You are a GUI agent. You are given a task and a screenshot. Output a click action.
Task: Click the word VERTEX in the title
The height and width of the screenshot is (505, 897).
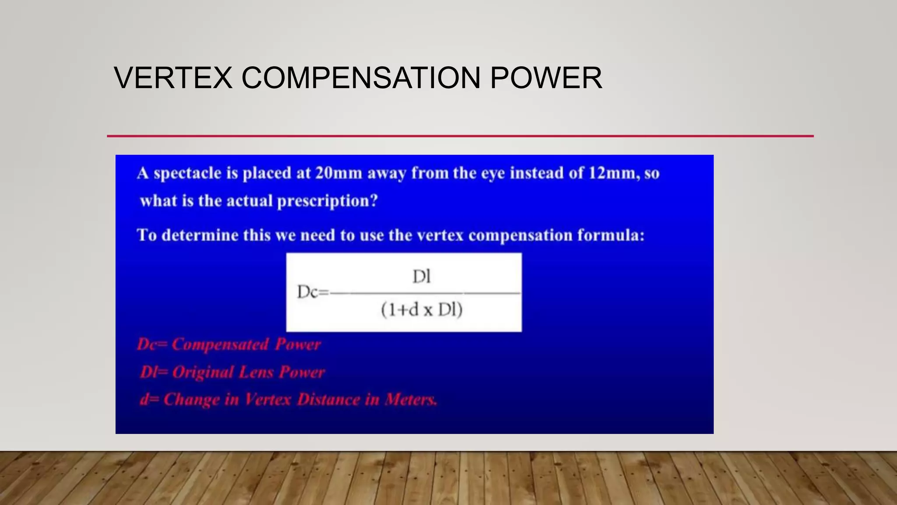tap(173, 78)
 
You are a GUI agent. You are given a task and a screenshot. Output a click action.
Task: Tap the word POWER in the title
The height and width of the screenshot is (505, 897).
tap(546, 78)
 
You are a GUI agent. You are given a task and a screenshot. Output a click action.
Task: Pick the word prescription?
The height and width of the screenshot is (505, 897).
tap(327, 201)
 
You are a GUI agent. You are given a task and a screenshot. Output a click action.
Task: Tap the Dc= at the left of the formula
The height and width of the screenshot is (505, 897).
tap(312, 292)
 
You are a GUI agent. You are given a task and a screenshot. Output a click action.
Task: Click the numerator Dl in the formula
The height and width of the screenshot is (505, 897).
tap(422, 277)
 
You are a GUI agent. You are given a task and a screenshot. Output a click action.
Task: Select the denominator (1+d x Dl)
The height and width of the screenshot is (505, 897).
tap(422, 310)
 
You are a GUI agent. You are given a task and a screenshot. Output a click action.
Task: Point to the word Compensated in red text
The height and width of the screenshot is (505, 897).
tap(220, 345)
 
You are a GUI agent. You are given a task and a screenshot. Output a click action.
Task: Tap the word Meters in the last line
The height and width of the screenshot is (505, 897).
tap(411, 399)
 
